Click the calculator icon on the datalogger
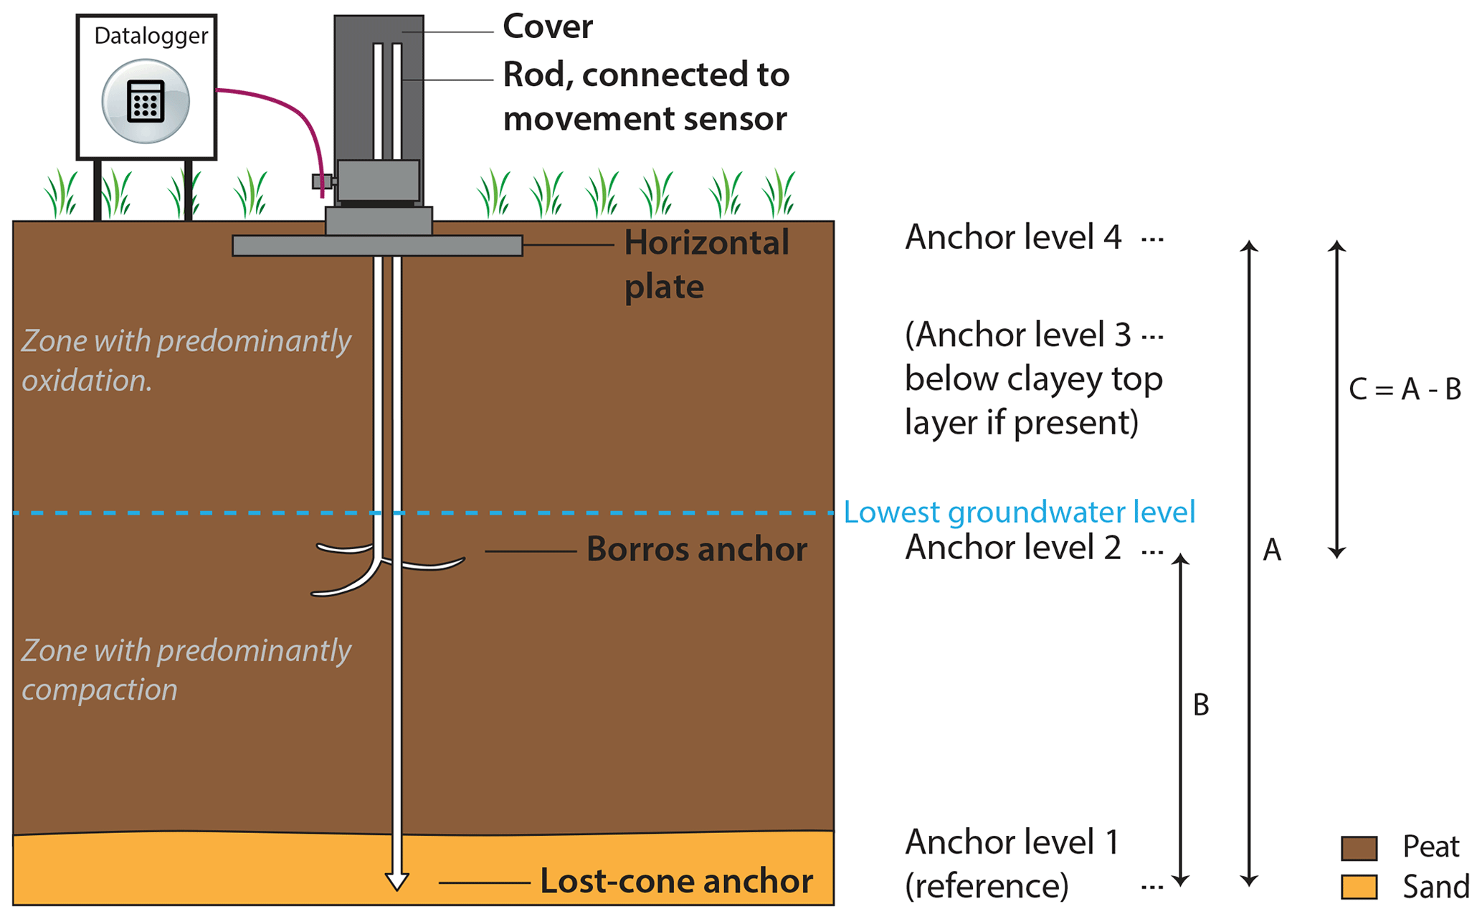coord(146,101)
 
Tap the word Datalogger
coord(151,36)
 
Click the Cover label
coord(547,27)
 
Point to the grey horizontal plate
coord(377,246)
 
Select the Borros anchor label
coord(696,550)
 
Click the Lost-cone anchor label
coord(675,881)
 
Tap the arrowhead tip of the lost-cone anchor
coord(396,887)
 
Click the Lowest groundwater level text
coord(1019,513)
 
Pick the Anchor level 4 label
coord(1012,237)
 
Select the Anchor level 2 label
coord(1012,548)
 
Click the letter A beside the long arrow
coord(1271,551)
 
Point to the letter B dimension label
coord(1201,705)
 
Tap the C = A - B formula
coord(1405,389)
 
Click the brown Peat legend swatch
coord(1359,848)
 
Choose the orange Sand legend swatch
coord(1359,887)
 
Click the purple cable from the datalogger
coord(287,108)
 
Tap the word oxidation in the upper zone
coord(87,381)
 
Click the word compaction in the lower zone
coord(100,690)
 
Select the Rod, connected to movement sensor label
coord(645,96)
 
